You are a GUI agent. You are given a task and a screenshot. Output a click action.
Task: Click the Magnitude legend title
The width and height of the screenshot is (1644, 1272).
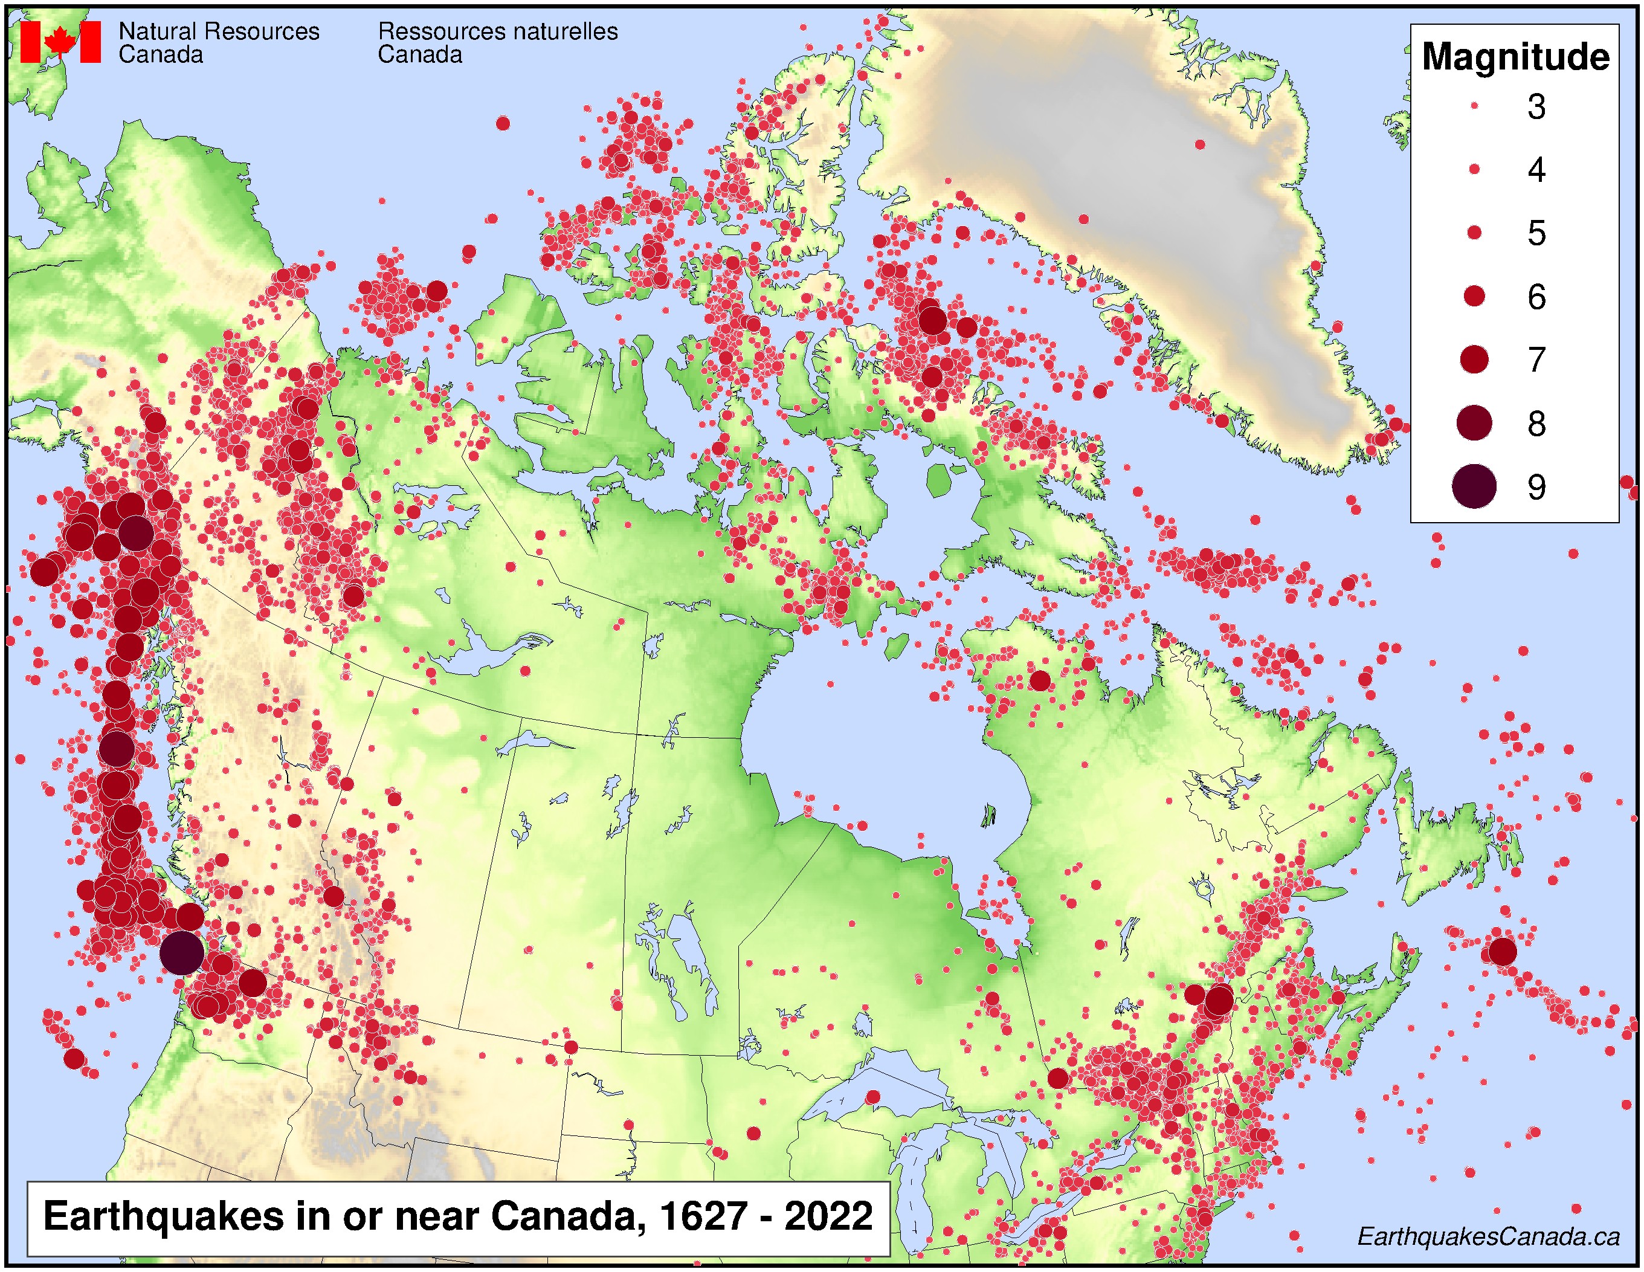[1515, 57]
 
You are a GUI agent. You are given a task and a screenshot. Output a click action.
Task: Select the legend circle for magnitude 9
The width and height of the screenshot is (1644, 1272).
[1474, 486]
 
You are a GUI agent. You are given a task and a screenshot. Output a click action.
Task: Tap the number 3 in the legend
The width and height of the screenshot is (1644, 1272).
[1536, 107]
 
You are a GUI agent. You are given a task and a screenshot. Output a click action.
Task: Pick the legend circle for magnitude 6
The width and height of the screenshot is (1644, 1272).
[1474, 297]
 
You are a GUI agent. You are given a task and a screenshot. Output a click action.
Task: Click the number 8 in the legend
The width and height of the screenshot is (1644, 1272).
[1536, 424]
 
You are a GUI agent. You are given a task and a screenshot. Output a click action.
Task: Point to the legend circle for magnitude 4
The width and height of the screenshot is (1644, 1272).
[1474, 170]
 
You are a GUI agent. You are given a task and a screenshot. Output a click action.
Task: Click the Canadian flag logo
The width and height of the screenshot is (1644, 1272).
[60, 42]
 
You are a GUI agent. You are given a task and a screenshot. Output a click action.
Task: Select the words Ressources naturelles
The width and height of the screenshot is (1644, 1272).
[498, 31]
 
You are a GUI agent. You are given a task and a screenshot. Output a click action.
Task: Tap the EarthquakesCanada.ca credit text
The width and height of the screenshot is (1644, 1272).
[1488, 1236]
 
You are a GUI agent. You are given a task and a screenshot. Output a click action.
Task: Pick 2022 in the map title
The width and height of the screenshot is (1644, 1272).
[828, 1216]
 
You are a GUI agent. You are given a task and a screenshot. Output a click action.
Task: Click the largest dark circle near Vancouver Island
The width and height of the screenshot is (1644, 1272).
[181, 953]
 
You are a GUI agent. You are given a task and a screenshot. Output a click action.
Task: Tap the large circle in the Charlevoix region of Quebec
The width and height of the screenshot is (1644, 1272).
[1219, 1000]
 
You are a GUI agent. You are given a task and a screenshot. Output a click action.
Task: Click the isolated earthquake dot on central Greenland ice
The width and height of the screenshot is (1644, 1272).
[1200, 144]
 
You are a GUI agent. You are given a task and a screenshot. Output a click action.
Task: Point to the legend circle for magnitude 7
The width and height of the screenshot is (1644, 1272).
[1474, 360]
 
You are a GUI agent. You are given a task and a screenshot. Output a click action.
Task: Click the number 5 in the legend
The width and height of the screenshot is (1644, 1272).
[1536, 233]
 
